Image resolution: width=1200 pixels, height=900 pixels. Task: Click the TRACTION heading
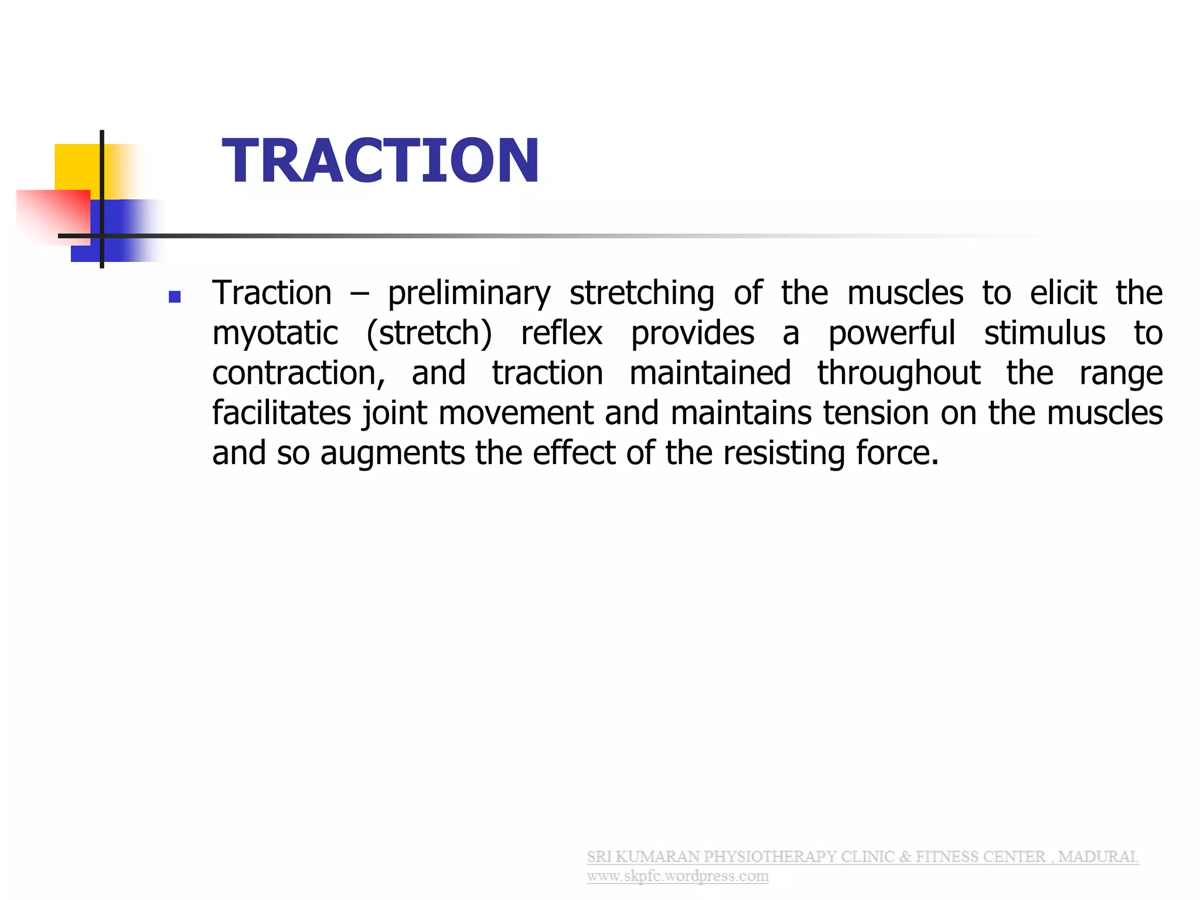tap(380, 161)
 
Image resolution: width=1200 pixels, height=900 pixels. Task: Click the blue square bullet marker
tap(174, 297)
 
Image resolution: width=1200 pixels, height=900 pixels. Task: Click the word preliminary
tap(469, 294)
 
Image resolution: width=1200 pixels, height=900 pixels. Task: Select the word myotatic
tap(275, 333)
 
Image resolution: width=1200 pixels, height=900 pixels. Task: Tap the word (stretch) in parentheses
tap(429, 333)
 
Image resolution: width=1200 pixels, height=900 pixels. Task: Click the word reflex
tap(561, 333)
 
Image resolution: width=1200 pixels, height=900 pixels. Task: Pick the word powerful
tap(891, 333)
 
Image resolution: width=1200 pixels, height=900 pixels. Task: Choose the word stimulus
tap(1044, 333)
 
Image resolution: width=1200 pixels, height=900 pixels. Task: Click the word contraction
tap(298, 373)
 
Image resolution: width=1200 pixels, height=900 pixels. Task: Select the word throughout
tap(898, 373)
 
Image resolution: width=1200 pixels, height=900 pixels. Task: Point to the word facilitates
tap(281, 413)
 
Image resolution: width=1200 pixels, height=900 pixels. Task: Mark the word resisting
tap(783, 453)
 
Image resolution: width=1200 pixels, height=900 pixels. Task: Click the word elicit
tap(1063, 294)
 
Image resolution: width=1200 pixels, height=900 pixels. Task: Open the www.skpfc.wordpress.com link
tap(677, 876)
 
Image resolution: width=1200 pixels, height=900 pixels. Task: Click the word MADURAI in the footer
tap(1098, 857)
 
